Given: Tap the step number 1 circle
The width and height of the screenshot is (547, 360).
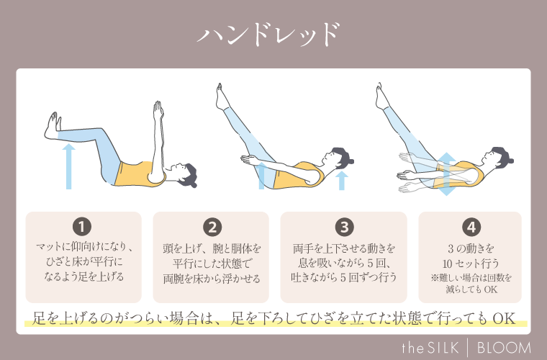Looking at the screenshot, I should tap(83, 228).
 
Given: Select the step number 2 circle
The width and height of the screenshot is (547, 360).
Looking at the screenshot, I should tap(212, 228).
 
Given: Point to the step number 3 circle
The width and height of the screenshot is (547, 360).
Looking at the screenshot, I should tap(345, 228).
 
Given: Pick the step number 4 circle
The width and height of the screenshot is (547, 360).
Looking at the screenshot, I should tap(471, 228).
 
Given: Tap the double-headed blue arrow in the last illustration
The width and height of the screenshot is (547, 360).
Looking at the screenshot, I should tap(446, 174).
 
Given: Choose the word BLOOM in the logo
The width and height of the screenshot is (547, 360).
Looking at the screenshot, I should tap(504, 344).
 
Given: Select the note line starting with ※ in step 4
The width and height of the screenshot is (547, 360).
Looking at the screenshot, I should tap(471, 276).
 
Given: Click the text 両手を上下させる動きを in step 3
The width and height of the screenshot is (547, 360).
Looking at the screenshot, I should tap(345, 248).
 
